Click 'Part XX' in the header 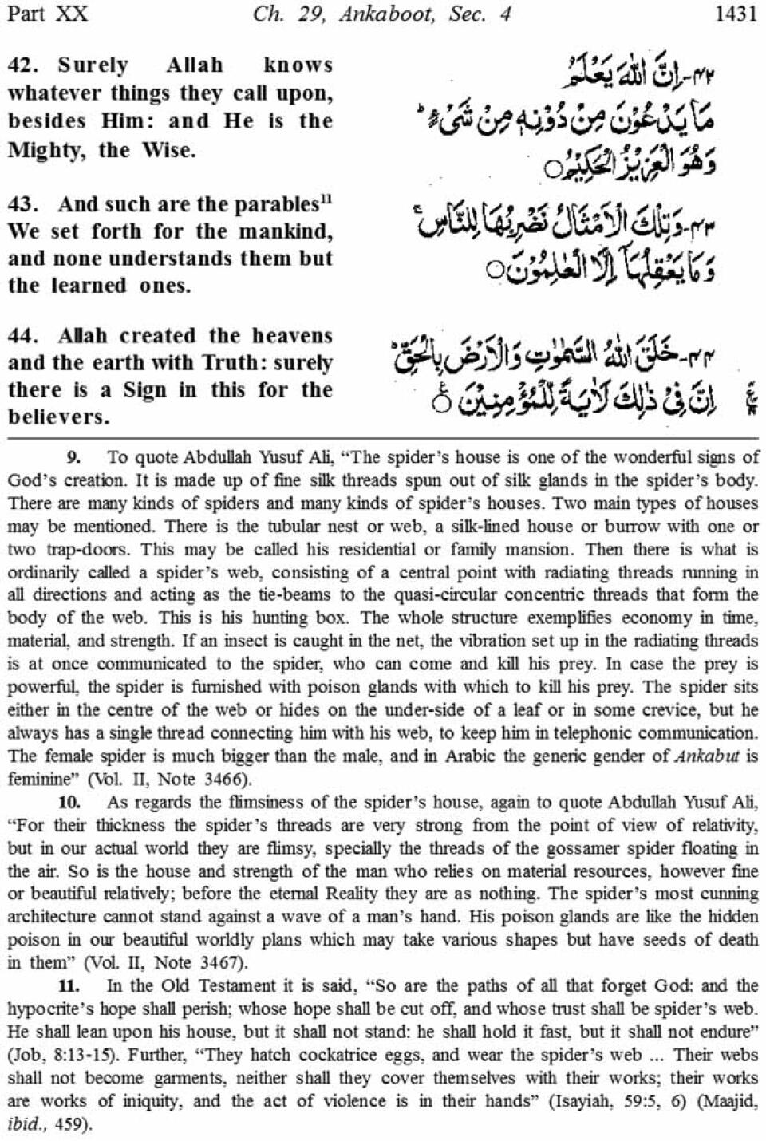point(49,14)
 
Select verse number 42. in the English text point(24,65)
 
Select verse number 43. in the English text point(24,204)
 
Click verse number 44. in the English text point(24,336)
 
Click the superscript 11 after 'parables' point(326,199)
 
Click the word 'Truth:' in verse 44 point(235,363)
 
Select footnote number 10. point(77,802)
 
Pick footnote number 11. point(77,986)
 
